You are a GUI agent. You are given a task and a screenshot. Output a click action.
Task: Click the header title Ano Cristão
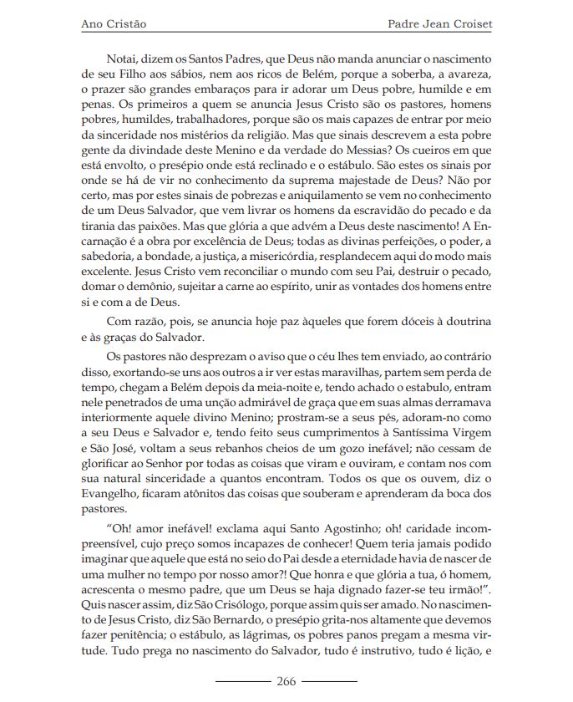(x=114, y=24)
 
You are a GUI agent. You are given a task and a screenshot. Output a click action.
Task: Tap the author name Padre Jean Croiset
(x=440, y=24)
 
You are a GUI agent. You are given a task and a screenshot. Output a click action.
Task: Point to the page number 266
(x=286, y=681)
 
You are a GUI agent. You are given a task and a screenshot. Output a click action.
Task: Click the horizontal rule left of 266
(x=243, y=681)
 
